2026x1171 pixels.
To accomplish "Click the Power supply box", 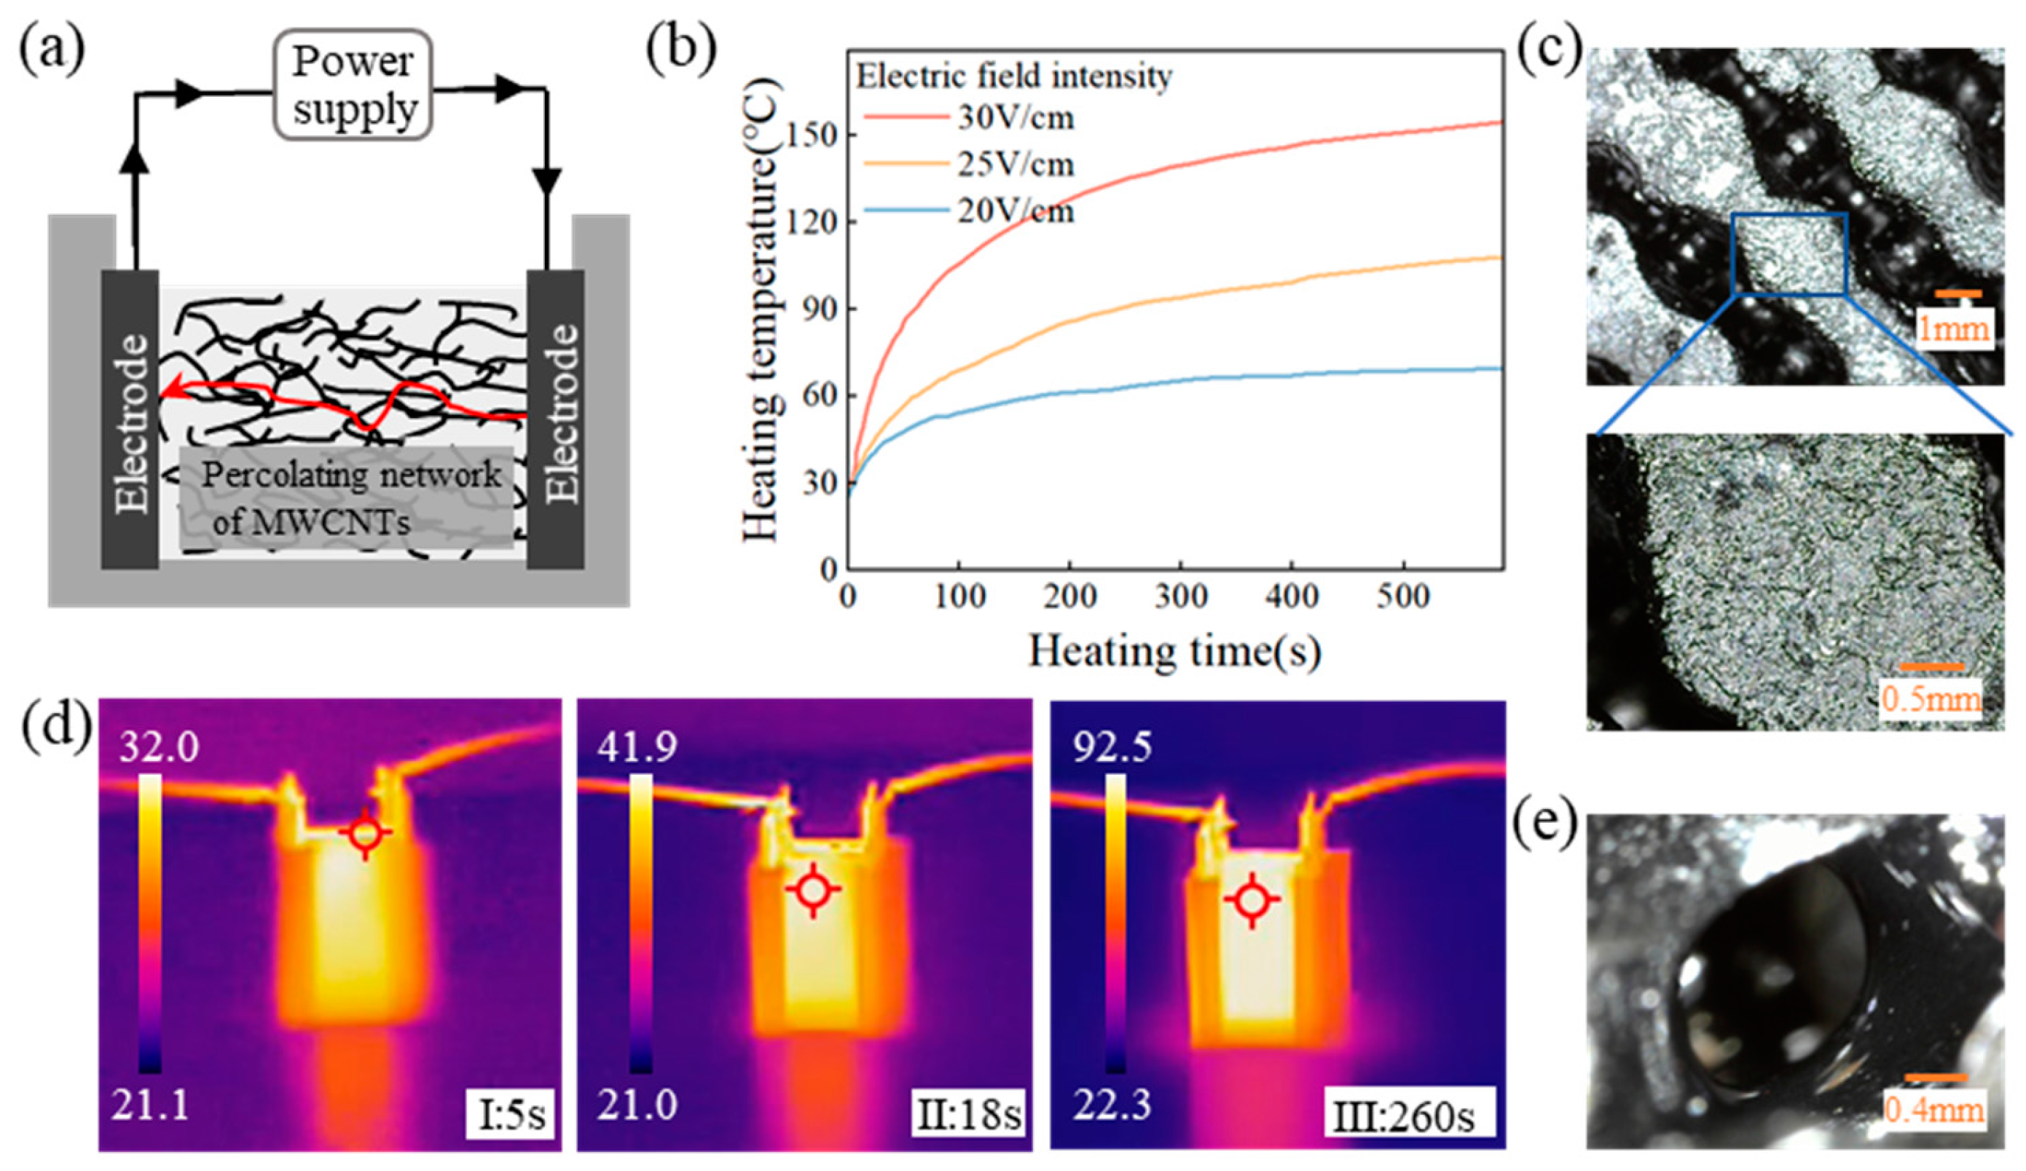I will (x=354, y=84).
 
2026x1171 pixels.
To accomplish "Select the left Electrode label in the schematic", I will (x=131, y=423).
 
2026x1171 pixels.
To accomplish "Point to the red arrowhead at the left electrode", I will (x=169, y=391).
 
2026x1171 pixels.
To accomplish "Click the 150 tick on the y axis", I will (x=818, y=135).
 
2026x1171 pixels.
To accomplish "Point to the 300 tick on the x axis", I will (x=1180, y=596).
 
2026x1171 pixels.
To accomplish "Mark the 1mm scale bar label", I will (x=1954, y=328).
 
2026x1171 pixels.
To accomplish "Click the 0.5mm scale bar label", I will (x=1931, y=698).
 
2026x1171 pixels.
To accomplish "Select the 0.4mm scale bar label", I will (x=1933, y=1111).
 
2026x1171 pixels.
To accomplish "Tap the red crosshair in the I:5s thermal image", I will (x=366, y=833).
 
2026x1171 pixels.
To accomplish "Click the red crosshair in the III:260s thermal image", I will (x=1252, y=900).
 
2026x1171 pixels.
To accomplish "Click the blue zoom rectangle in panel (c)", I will (x=1789, y=254).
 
